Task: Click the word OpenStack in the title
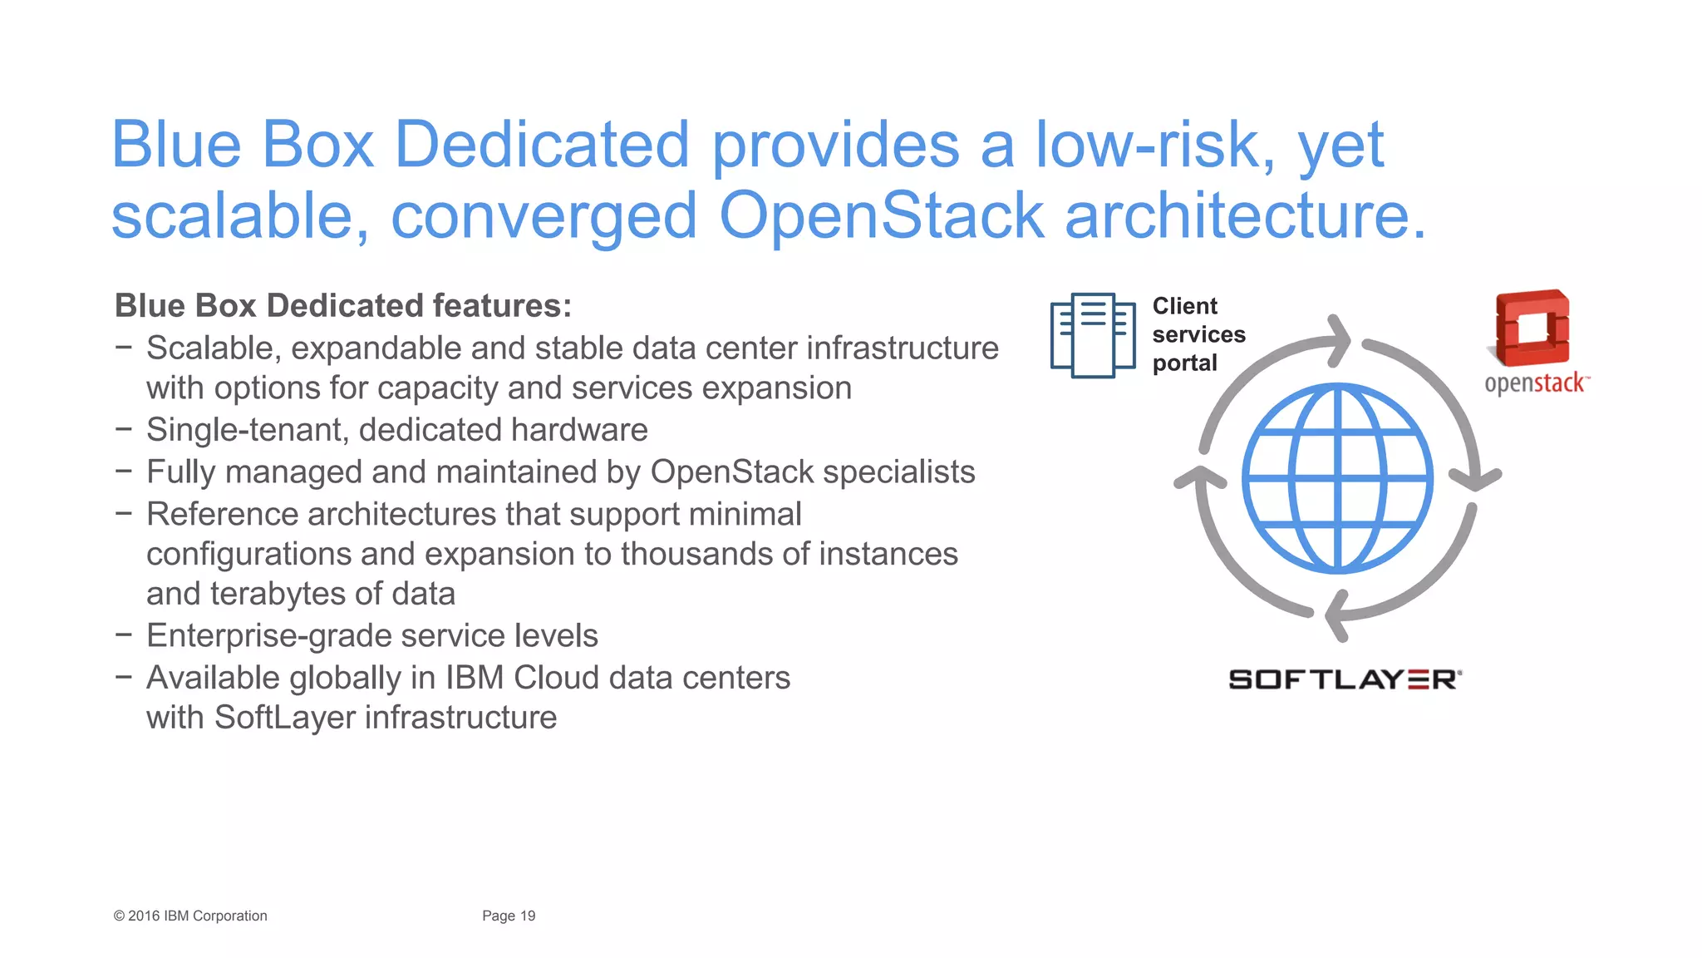click(x=881, y=215)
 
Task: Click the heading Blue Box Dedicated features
click(x=342, y=305)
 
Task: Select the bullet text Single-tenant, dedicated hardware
click(x=396, y=430)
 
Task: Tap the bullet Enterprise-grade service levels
click(x=371, y=636)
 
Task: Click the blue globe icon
click(x=1337, y=478)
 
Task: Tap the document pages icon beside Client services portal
click(x=1092, y=335)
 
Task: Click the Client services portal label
click(x=1197, y=334)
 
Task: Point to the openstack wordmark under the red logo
click(x=1535, y=383)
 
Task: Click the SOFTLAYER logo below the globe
click(x=1345, y=679)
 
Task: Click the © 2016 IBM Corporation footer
click(x=190, y=916)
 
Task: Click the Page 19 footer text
click(x=509, y=916)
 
